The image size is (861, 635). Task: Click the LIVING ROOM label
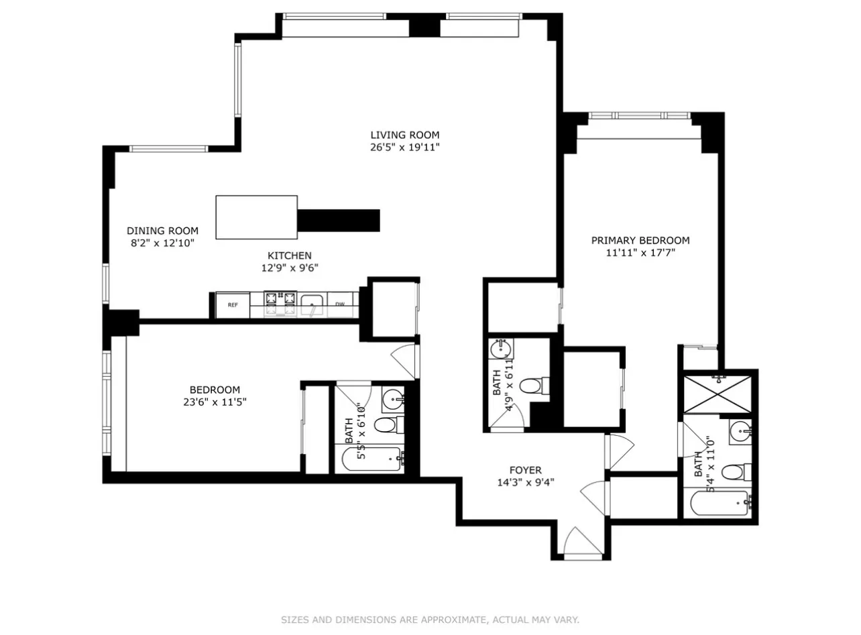click(x=405, y=135)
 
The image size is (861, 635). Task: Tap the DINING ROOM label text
click(x=162, y=231)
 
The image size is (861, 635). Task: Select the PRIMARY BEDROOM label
click(x=640, y=240)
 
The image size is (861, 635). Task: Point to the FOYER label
click(x=525, y=470)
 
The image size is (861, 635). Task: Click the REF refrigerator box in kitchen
click(x=233, y=305)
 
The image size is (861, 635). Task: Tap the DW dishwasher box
click(x=340, y=305)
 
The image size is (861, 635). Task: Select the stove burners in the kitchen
click(x=280, y=303)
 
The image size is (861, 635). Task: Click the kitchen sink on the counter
click(x=312, y=305)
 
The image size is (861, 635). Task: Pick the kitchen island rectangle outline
click(x=256, y=217)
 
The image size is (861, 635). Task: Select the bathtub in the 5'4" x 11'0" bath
click(x=719, y=503)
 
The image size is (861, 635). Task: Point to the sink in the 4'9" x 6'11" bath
click(x=501, y=349)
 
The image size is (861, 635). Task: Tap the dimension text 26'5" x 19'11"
click(x=405, y=148)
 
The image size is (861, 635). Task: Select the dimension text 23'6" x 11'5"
click(x=215, y=402)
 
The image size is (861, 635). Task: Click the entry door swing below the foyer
click(x=578, y=542)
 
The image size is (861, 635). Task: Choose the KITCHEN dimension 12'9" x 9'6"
click(x=290, y=268)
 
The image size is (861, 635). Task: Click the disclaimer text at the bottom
click(x=430, y=620)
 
